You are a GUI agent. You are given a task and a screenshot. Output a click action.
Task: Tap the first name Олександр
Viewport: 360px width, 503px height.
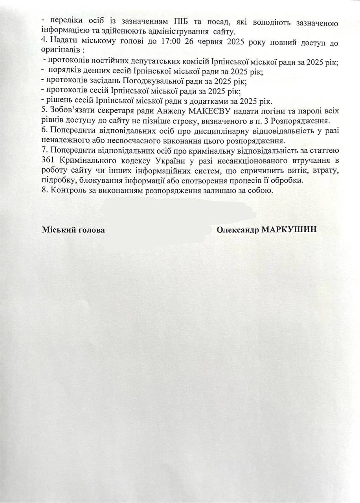click(235, 230)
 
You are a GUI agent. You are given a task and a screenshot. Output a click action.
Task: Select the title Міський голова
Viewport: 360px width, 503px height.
click(73, 230)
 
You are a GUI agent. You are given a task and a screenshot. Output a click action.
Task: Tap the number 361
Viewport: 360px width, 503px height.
click(48, 161)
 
